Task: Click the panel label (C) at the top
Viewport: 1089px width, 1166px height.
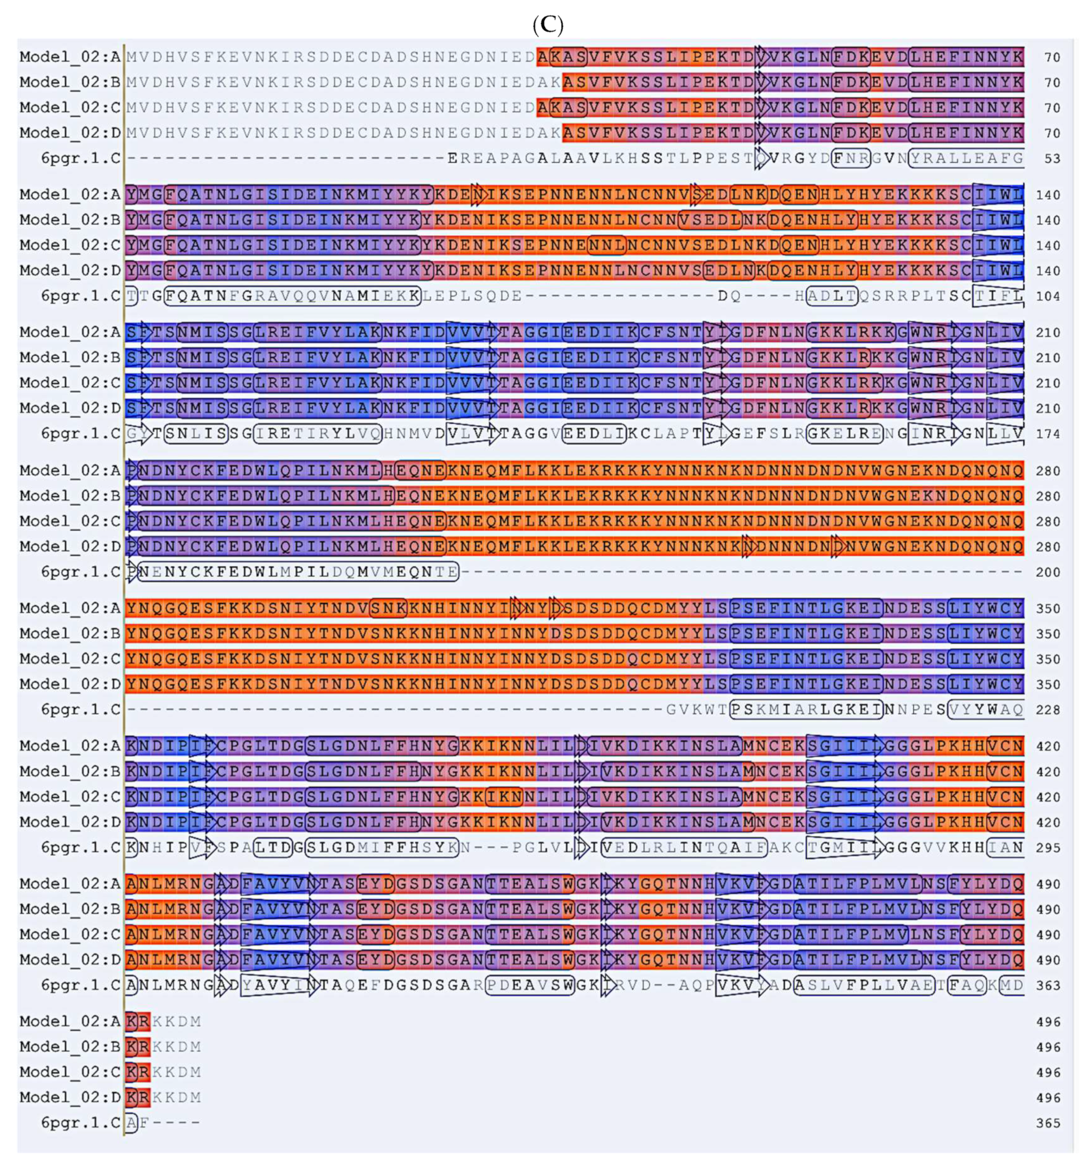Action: click(547, 25)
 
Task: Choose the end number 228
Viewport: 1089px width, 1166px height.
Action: click(1048, 710)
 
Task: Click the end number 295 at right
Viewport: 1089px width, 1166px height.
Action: click(1048, 848)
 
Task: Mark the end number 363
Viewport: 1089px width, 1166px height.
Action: click(1048, 986)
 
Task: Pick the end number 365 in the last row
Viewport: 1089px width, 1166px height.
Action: click(1048, 1123)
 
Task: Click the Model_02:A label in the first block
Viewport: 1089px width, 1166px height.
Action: click(70, 57)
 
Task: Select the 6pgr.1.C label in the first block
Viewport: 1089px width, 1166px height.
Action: click(80, 159)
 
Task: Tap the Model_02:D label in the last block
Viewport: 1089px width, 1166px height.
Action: click(70, 1098)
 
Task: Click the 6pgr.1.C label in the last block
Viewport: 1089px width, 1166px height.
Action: click(80, 1123)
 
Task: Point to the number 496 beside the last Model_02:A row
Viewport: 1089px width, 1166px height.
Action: click(1048, 1022)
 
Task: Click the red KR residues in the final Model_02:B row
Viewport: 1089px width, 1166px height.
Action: click(138, 1047)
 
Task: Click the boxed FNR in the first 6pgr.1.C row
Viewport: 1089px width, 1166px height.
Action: click(851, 159)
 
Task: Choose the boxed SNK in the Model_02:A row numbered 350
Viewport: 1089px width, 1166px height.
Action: click(388, 608)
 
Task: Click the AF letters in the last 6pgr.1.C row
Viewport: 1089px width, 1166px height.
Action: click(137, 1123)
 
